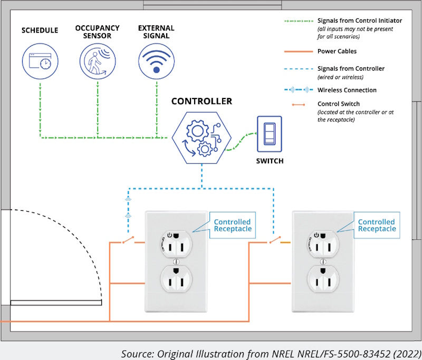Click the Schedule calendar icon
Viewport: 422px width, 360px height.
click(x=40, y=61)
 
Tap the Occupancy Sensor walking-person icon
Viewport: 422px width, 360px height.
click(x=98, y=61)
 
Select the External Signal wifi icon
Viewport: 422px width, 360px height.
click(x=156, y=61)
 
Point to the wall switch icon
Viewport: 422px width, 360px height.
click(x=270, y=133)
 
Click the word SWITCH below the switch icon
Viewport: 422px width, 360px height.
click(x=269, y=161)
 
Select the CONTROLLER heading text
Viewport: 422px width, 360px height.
click(x=202, y=101)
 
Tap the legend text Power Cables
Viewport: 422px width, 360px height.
click(x=337, y=51)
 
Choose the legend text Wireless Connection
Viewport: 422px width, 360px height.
click(x=347, y=90)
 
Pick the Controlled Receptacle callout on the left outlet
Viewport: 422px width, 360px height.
click(x=232, y=226)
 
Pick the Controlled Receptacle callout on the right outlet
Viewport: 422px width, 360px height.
click(x=376, y=226)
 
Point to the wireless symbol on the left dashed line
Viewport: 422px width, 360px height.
click(x=127, y=208)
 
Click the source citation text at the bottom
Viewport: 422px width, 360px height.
click(x=271, y=353)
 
